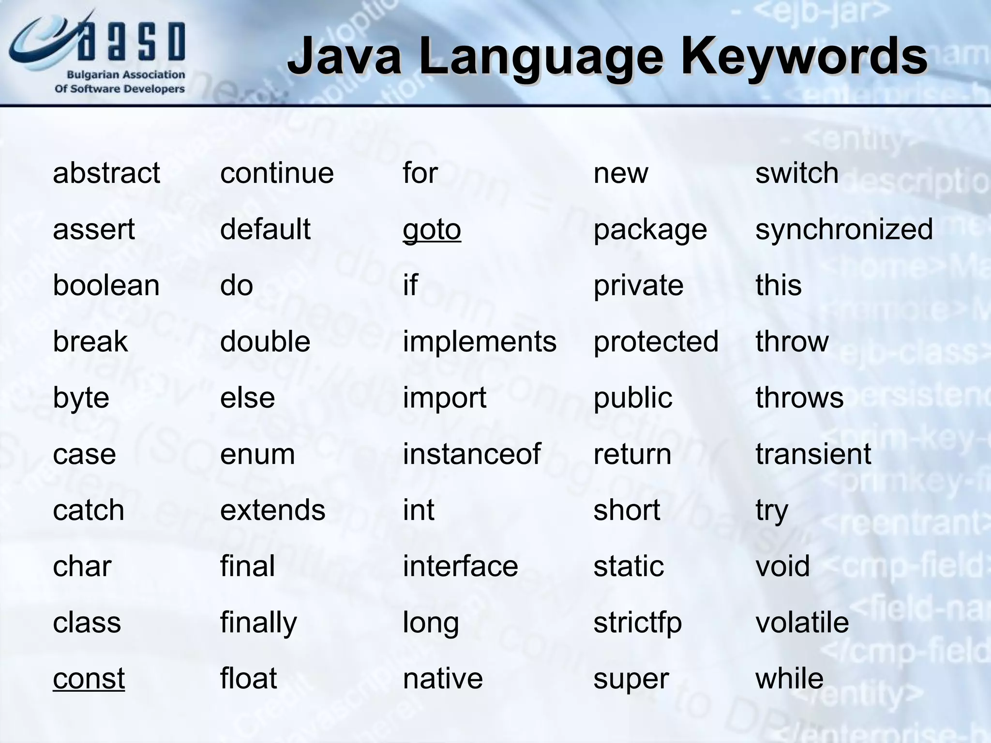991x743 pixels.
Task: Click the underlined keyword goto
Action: tap(432, 230)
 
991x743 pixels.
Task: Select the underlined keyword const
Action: tap(89, 679)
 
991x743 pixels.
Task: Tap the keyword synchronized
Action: tap(844, 229)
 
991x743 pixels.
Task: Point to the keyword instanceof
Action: tap(471, 454)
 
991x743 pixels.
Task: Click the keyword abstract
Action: tap(106, 173)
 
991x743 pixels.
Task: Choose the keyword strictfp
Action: tap(637, 623)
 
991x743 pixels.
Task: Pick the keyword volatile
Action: tap(802, 623)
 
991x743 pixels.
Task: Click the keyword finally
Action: tap(258, 623)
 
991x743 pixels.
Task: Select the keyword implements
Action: tap(479, 342)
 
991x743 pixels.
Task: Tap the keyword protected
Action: tap(656, 342)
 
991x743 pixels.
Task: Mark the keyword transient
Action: tap(813, 454)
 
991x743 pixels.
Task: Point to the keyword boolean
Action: tap(106, 285)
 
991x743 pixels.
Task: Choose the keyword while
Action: tap(789, 679)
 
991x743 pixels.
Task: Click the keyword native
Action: tap(443, 679)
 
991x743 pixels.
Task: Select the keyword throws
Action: tap(799, 398)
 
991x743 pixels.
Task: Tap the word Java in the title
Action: tap(345, 57)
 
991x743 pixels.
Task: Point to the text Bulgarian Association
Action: tap(125, 75)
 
